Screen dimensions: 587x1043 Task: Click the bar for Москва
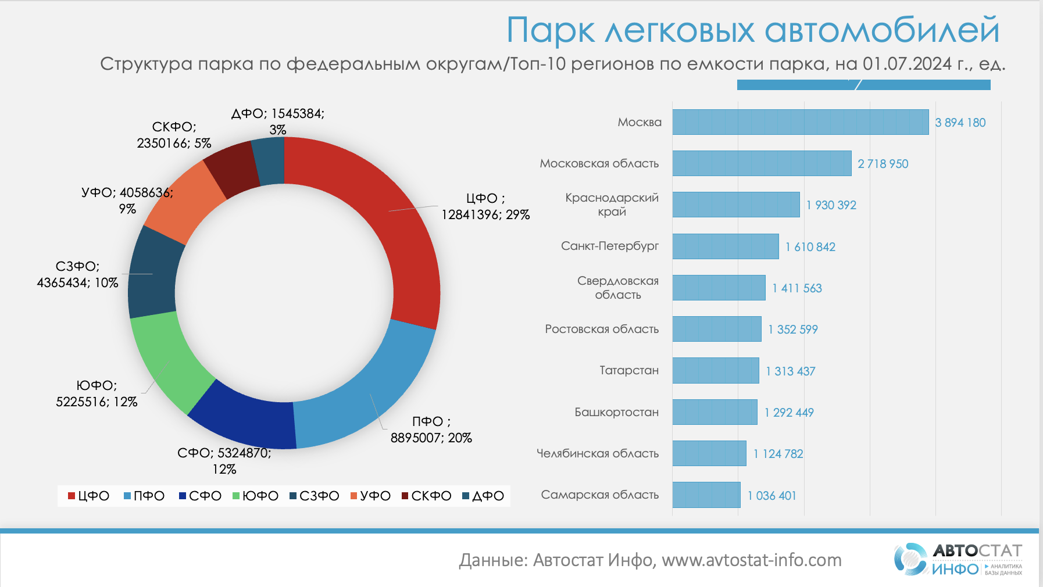click(x=800, y=122)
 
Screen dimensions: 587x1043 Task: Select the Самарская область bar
click(x=706, y=495)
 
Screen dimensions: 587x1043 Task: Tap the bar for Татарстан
click(x=716, y=370)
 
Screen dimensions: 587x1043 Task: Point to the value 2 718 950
click(x=883, y=164)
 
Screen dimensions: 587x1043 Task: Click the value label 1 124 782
click(x=778, y=453)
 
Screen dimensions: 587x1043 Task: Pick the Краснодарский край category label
click(x=612, y=205)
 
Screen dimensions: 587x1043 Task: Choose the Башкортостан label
click(x=616, y=412)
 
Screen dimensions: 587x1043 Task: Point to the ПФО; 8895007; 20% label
click(x=431, y=429)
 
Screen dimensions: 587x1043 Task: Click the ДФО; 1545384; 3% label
click(x=278, y=121)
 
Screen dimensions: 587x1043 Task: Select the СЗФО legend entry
click(x=314, y=496)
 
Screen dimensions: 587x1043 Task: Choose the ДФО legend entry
click(x=483, y=496)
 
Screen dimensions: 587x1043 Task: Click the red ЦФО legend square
click(x=72, y=496)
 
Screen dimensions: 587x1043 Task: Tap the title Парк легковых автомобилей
click(x=752, y=30)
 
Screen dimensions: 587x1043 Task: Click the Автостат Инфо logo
click(x=958, y=559)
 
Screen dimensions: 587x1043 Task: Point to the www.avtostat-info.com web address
click(x=751, y=560)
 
